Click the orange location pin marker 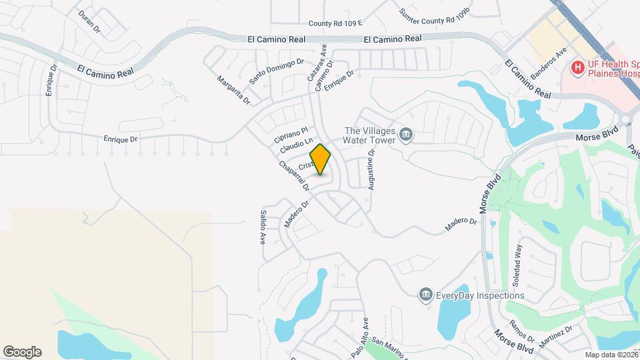pyautogui.click(x=321, y=159)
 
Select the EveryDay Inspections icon pyautogui.click(x=426, y=295)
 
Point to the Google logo pyautogui.click(x=22, y=352)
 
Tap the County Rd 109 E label pyautogui.click(x=335, y=23)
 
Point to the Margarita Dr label pyautogui.click(x=233, y=89)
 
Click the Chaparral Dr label pyautogui.click(x=294, y=175)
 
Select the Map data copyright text pyautogui.click(x=611, y=355)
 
